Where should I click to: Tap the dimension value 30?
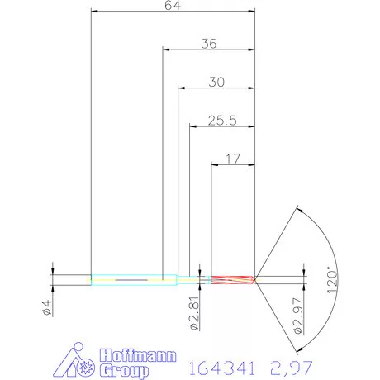pyautogui.click(x=216, y=82)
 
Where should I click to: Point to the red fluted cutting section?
pyautogui.click(x=231, y=279)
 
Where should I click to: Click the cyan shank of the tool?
pyautogui.click(x=132, y=280)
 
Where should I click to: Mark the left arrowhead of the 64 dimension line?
pyautogui.click(x=94, y=12)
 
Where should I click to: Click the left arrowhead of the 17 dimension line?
pyautogui.click(x=215, y=164)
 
